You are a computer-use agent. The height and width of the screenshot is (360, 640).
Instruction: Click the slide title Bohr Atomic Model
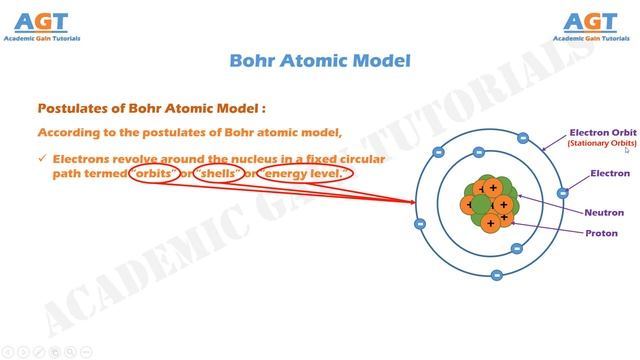click(320, 61)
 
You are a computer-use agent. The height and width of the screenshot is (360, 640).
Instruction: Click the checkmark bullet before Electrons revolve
click(42, 159)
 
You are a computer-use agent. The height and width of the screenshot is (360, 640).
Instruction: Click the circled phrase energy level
click(305, 174)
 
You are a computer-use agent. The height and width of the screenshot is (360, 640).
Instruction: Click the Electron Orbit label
click(603, 132)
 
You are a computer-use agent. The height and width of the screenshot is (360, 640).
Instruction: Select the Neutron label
click(605, 213)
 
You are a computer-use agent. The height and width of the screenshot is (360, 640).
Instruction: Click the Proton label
click(601, 233)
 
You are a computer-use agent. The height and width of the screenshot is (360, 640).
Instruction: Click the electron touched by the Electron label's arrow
click(563, 192)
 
